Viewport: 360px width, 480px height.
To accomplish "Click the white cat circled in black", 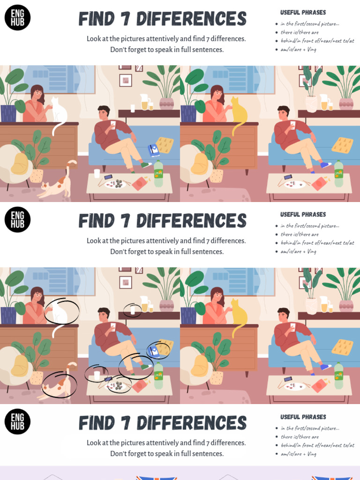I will pos(59,312).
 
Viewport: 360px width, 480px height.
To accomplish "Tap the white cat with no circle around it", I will pos(59,110).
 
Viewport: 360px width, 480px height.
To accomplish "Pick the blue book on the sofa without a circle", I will pos(154,150).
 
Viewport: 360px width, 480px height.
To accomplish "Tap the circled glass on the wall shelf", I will pos(133,310).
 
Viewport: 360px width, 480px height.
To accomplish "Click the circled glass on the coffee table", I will pos(97,375).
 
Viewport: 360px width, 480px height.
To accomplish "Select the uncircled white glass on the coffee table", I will pos(97,173).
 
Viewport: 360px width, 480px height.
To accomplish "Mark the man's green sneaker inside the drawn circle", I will pos(146,367).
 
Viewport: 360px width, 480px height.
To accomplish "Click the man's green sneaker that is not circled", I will pos(146,165).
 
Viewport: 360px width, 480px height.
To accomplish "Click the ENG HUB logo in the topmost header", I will pos(17,18).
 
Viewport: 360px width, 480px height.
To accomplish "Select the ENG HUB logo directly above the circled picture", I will pos(17,220).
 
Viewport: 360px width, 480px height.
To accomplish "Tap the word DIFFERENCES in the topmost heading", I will pos(191,19).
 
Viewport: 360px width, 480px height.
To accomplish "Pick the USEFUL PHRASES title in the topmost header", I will pos(303,13).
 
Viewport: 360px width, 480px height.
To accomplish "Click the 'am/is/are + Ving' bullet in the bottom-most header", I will pos(298,454).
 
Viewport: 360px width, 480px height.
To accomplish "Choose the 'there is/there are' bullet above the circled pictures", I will pos(300,234).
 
